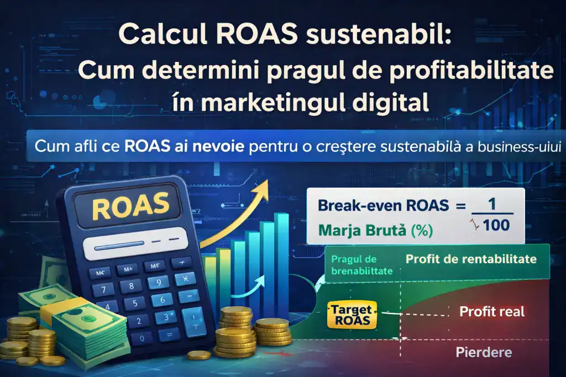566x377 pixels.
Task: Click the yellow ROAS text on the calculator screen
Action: click(x=130, y=207)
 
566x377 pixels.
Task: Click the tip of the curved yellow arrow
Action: click(x=265, y=181)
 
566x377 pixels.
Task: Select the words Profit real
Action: click(x=491, y=312)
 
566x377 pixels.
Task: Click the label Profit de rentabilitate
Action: click(x=471, y=259)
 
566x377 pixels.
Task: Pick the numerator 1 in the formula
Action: click(x=491, y=204)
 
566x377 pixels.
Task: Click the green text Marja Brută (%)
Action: click(x=375, y=230)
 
